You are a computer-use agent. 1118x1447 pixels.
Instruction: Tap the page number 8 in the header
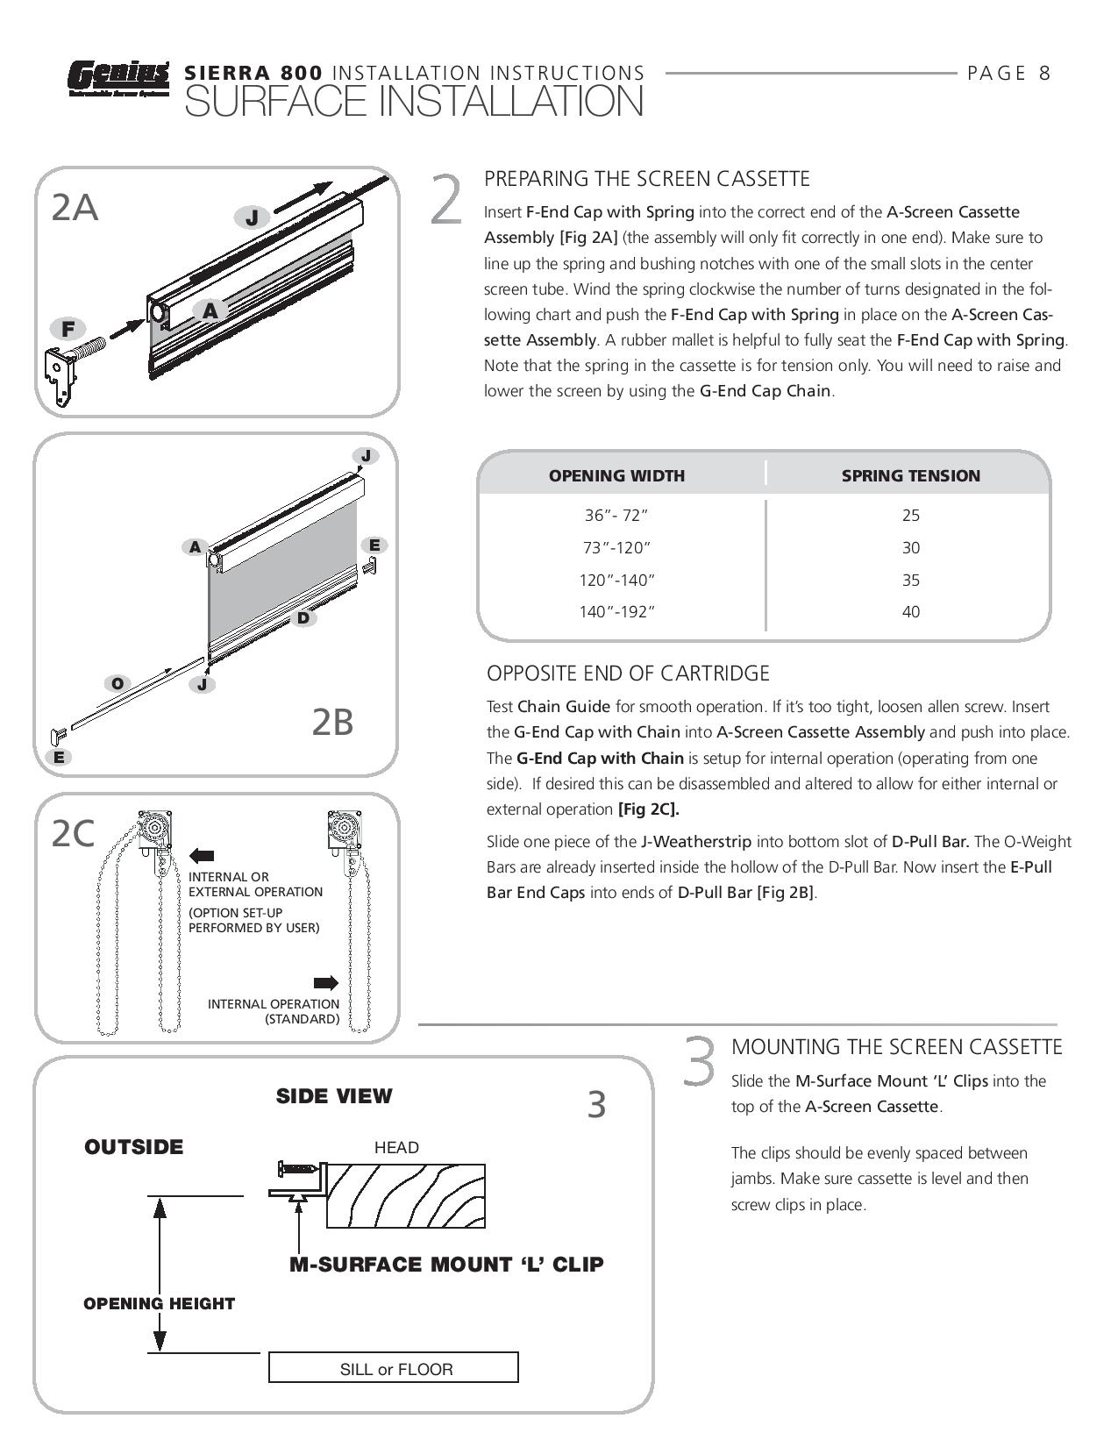coord(1043,74)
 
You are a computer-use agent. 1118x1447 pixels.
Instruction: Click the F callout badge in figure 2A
coord(68,330)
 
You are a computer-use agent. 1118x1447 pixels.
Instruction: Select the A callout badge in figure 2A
coord(210,310)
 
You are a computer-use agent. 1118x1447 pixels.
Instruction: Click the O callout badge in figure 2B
coord(116,683)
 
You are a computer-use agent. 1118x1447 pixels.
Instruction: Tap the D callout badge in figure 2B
coord(303,617)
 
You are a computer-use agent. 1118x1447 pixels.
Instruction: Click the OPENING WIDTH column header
coord(616,476)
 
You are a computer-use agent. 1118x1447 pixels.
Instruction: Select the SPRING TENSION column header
coord(910,476)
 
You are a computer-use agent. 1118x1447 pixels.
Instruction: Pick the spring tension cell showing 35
coord(910,580)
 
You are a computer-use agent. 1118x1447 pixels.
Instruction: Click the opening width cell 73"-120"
coord(616,548)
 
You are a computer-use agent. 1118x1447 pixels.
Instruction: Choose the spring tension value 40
coord(910,612)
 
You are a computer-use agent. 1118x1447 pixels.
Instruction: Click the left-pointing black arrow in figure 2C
coord(201,856)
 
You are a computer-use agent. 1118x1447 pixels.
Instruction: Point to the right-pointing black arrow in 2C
coord(325,982)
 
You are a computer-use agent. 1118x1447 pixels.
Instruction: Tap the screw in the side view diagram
coord(298,1168)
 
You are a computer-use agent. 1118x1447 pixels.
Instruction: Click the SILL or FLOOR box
coord(393,1368)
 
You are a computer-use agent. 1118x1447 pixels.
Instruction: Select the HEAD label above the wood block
coord(396,1147)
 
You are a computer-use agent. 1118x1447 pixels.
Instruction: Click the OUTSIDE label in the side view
coord(134,1147)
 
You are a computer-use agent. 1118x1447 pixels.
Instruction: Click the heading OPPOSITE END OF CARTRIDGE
coord(628,674)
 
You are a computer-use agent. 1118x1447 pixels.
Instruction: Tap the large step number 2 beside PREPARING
coord(447,200)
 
